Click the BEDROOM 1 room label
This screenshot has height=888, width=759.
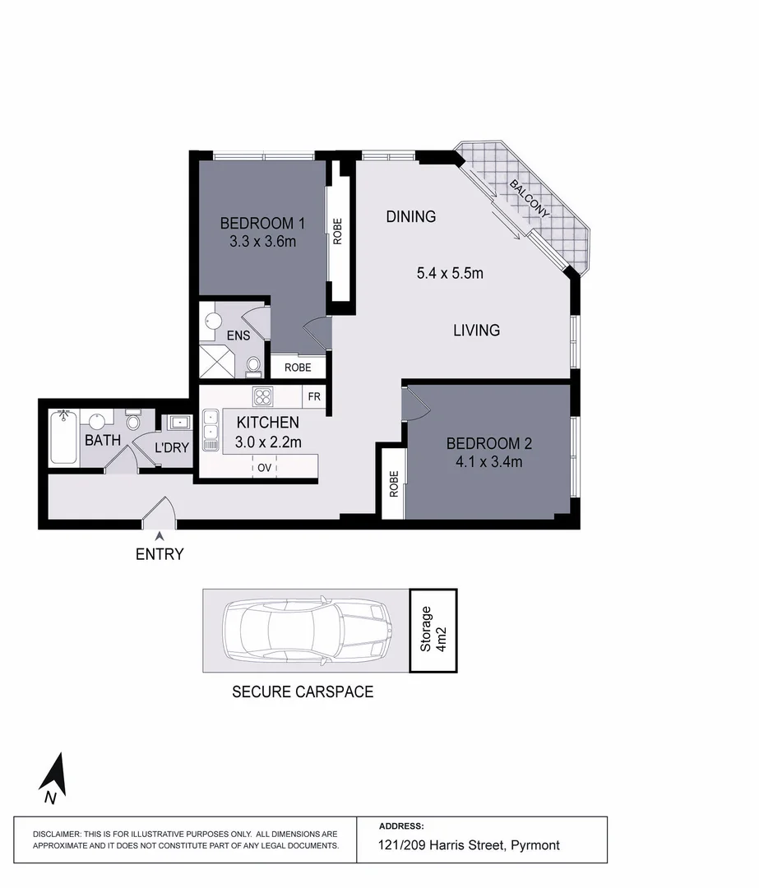click(x=262, y=223)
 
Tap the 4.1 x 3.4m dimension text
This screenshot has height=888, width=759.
click(x=488, y=461)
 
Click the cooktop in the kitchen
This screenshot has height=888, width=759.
click(x=263, y=397)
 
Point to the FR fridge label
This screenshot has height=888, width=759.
click(x=314, y=397)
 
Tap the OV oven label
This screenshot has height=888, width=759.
click(x=264, y=468)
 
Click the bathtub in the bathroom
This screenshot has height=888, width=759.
click(x=63, y=437)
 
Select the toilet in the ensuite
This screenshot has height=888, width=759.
click(x=253, y=364)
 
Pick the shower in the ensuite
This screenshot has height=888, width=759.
click(x=216, y=361)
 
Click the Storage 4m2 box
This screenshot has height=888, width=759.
click(x=433, y=630)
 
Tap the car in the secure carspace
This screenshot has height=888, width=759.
click(x=306, y=630)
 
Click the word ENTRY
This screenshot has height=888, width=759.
click(x=160, y=554)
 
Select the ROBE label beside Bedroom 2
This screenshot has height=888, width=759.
click(x=394, y=484)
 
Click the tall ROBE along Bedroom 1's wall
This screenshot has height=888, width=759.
click(x=337, y=231)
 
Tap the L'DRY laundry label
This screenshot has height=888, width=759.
click(x=173, y=448)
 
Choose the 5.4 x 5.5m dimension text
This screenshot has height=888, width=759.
click(x=450, y=273)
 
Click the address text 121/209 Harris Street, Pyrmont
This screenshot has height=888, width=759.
click(x=470, y=845)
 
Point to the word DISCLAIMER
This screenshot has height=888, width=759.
click(x=57, y=834)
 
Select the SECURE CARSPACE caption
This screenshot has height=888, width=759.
click(x=303, y=691)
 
